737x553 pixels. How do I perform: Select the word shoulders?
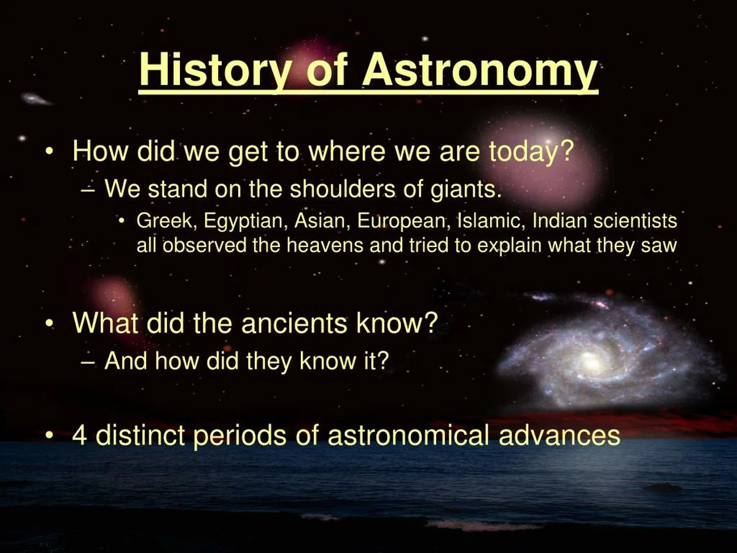[x=342, y=189]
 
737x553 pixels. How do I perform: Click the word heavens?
[x=325, y=245]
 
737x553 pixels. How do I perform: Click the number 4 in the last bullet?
[x=80, y=435]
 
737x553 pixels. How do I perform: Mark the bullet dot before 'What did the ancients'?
[x=50, y=324]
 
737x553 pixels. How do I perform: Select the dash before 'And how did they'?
[x=87, y=363]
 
